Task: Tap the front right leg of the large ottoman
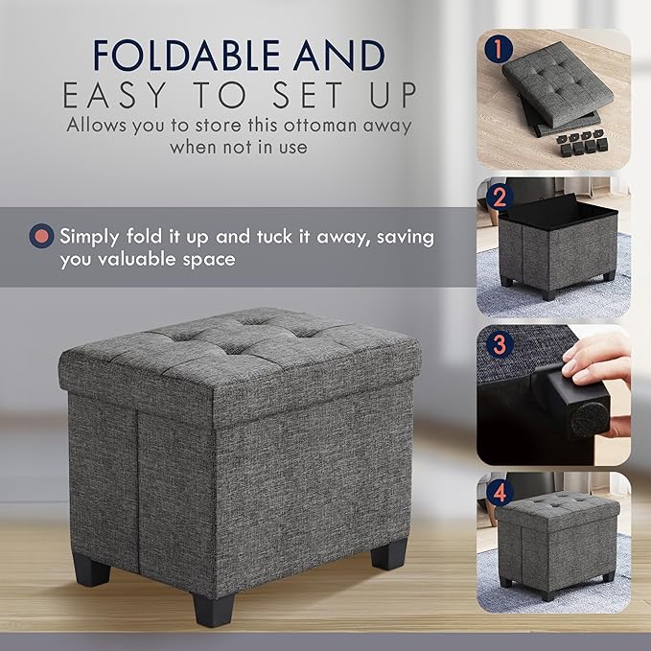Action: click(389, 552)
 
